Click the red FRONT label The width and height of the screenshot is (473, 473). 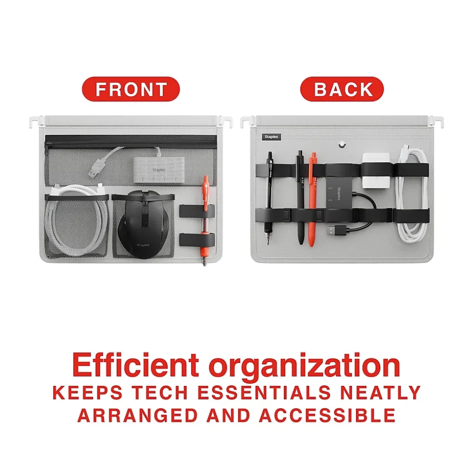tap(131, 89)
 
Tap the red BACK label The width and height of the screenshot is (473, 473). tap(342, 89)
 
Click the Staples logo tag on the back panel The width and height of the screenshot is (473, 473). tap(271, 137)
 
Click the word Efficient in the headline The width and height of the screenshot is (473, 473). tap(136, 365)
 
